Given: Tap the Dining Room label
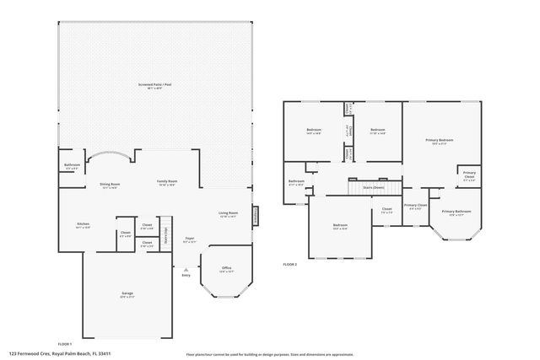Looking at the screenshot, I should [111, 185].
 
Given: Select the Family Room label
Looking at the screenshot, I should [166, 183].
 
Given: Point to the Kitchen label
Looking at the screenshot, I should [83, 225].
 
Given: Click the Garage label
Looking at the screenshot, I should [127, 294].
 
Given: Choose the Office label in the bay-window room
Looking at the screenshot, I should [225, 269].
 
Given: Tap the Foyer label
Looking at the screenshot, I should [190, 239].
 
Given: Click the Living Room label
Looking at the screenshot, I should [229, 214].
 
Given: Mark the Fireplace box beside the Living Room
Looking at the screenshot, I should [256, 217].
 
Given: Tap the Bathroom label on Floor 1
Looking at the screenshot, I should [72, 167].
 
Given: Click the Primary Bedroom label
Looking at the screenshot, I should [440, 141].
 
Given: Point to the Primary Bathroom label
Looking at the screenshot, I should [456, 212].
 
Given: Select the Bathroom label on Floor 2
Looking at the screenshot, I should [296, 182].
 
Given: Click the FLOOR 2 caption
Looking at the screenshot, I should [290, 265].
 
